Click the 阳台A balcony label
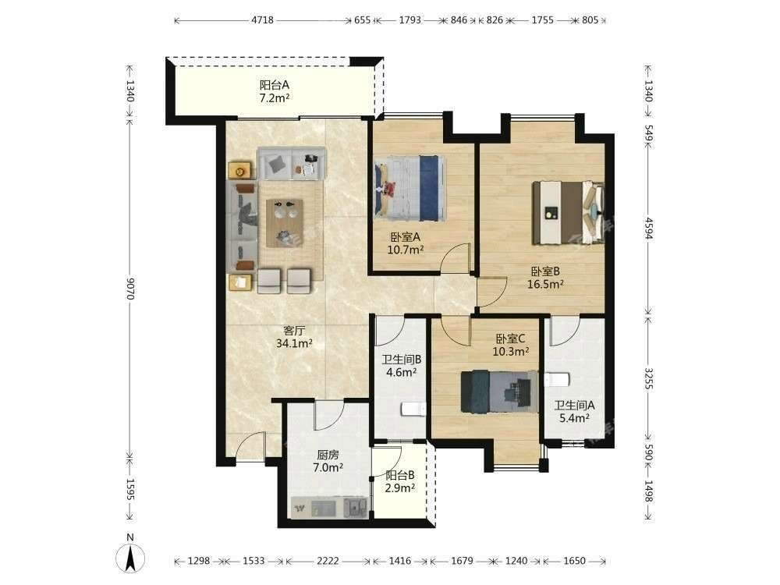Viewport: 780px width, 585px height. pos(275,91)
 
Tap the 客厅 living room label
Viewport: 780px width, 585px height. pos(294,337)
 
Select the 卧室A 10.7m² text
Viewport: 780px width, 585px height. pos(405,243)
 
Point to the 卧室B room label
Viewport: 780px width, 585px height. pos(545,278)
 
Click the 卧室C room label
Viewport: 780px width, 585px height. pos(510,346)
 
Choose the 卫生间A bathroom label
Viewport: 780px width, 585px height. pos(575,411)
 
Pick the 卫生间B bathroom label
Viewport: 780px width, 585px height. pos(402,365)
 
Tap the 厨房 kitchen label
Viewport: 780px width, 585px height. pos(328,461)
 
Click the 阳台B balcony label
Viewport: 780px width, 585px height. pos(400,481)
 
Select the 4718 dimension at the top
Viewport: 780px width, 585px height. pos(262,20)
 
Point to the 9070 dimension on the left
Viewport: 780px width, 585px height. pos(129,288)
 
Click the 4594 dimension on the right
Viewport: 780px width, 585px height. pos(648,228)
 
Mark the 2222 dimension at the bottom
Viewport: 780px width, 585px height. pos(328,561)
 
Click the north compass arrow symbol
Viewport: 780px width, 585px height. pos(130,558)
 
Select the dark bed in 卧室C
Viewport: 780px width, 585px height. pos(499,392)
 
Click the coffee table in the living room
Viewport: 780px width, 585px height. pos(285,223)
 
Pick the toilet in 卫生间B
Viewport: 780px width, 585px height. pos(413,409)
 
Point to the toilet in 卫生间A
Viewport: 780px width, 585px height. pos(557,380)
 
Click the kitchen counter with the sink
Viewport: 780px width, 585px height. pos(330,508)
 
